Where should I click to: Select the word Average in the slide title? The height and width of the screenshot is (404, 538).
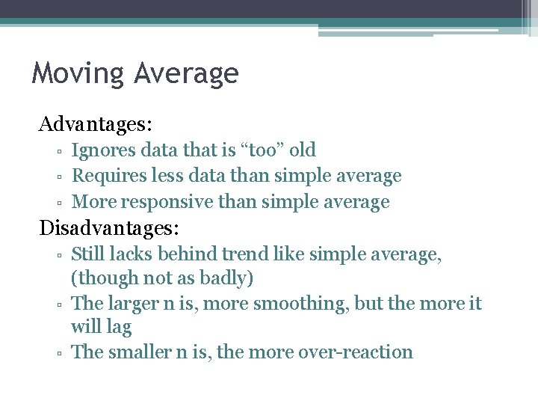[x=186, y=73]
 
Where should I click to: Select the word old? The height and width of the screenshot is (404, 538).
[x=303, y=150]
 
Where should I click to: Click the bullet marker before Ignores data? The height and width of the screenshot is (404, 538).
[x=58, y=151]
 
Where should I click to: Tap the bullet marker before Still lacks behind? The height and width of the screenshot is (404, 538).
[x=58, y=256]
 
